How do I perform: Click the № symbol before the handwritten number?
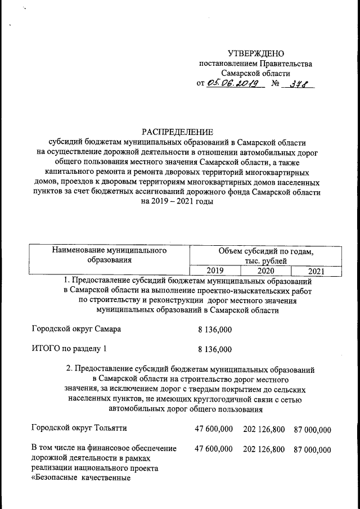coord(276,84)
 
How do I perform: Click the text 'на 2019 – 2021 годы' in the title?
coord(178,201)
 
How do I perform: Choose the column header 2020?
coord(265,271)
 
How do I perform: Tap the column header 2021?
coord(317,271)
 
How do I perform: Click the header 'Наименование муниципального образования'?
coord(109,255)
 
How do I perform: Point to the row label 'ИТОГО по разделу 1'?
coord(69,349)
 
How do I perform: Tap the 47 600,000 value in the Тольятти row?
coord(213,429)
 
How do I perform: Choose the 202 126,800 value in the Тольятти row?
coord(264,429)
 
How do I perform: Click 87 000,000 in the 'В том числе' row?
coord(312,449)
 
